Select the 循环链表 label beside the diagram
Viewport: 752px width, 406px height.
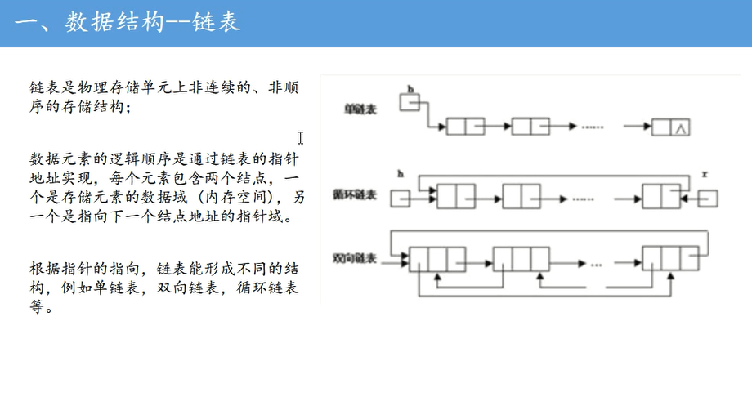355,194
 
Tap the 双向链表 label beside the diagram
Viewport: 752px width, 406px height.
355,258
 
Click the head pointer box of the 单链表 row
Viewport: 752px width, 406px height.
410,101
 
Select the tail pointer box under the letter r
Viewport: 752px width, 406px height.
708,198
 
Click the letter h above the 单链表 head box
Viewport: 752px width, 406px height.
410,87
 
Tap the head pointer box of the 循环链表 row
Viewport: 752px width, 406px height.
400,198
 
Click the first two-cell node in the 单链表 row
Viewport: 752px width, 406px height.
466,127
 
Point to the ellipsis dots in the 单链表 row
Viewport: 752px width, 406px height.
593,127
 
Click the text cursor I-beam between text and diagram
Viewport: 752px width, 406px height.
301,138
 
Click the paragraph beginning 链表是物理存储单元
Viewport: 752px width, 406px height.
163,96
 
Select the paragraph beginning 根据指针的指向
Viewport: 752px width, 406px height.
163,288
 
